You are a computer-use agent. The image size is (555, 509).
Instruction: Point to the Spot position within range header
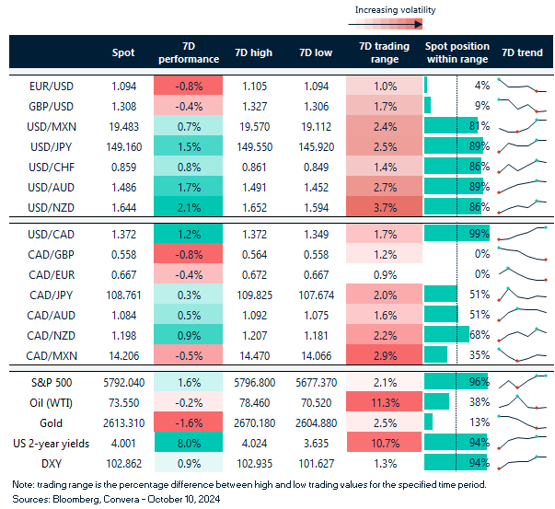(457, 52)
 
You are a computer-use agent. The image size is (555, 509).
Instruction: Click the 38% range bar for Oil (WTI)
(437, 401)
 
